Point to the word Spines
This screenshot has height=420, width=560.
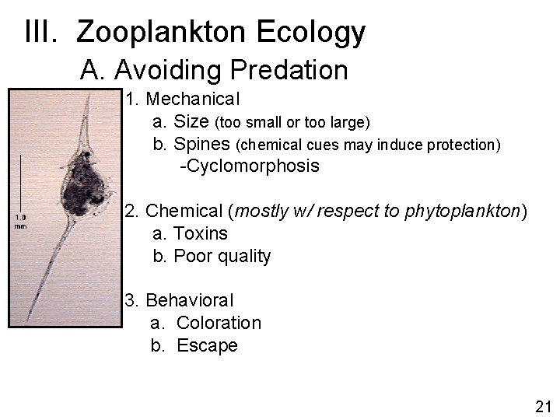coord(203,144)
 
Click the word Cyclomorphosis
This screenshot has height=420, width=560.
coord(252,166)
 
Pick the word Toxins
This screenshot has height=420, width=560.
coord(201,233)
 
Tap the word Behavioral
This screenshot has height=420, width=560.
coord(190,300)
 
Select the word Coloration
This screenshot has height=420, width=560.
coord(219,323)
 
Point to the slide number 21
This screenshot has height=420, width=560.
coord(543,405)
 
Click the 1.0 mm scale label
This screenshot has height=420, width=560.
coord(21,221)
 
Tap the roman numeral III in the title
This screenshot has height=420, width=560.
coord(44,32)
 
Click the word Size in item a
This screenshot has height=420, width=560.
coord(191,122)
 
